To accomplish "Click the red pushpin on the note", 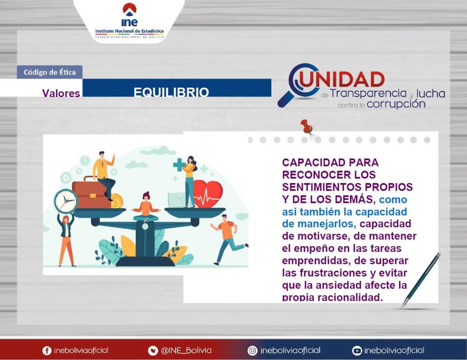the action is [x=306, y=126].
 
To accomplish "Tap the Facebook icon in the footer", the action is [x=47, y=350].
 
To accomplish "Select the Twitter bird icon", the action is [x=153, y=350].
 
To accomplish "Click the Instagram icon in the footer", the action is [x=252, y=350].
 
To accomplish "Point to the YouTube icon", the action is [x=357, y=350].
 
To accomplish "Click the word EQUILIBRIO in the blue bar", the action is [x=171, y=92].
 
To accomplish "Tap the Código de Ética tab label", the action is [x=49, y=72].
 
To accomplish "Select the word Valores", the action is [x=61, y=93].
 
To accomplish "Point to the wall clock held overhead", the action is [x=66, y=201].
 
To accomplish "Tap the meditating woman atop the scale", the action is [x=146, y=207].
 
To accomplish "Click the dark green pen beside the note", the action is [x=420, y=280].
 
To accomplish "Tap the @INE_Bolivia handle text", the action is [x=186, y=350].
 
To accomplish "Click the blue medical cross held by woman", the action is [x=179, y=165].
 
